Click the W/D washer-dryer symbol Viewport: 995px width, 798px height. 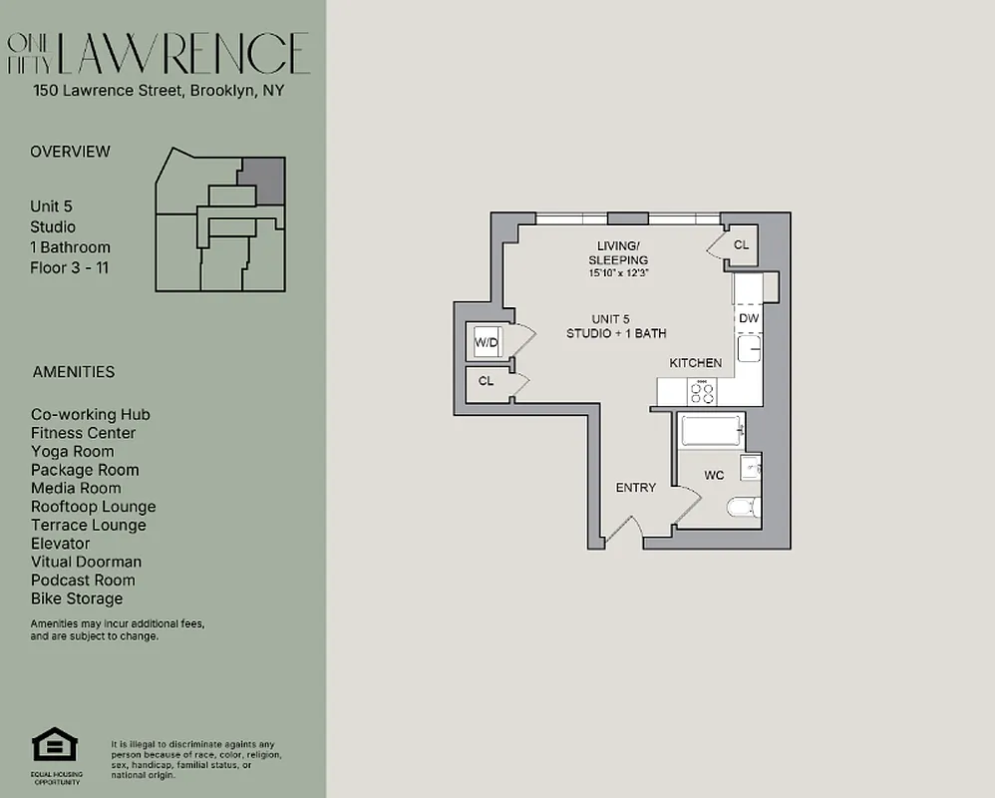(x=487, y=343)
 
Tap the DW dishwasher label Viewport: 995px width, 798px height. (x=749, y=318)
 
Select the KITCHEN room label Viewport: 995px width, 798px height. (x=695, y=363)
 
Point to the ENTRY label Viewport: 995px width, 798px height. (x=636, y=488)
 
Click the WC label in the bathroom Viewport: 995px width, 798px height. (x=714, y=476)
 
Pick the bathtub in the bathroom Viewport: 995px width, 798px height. (x=711, y=433)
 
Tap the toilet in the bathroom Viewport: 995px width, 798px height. (x=743, y=508)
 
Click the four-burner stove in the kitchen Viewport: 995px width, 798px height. (x=702, y=392)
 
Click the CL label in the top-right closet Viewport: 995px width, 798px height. (x=741, y=245)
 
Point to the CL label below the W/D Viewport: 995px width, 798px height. (x=486, y=381)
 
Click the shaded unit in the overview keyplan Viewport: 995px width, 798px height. (x=264, y=179)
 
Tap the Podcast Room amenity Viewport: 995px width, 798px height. (x=83, y=581)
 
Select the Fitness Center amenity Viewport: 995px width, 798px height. (x=83, y=433)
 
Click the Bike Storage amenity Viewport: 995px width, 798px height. (x=77, y=598)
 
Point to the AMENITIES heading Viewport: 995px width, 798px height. (x=74, y=372)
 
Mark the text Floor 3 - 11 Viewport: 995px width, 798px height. (x=69, y=267)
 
